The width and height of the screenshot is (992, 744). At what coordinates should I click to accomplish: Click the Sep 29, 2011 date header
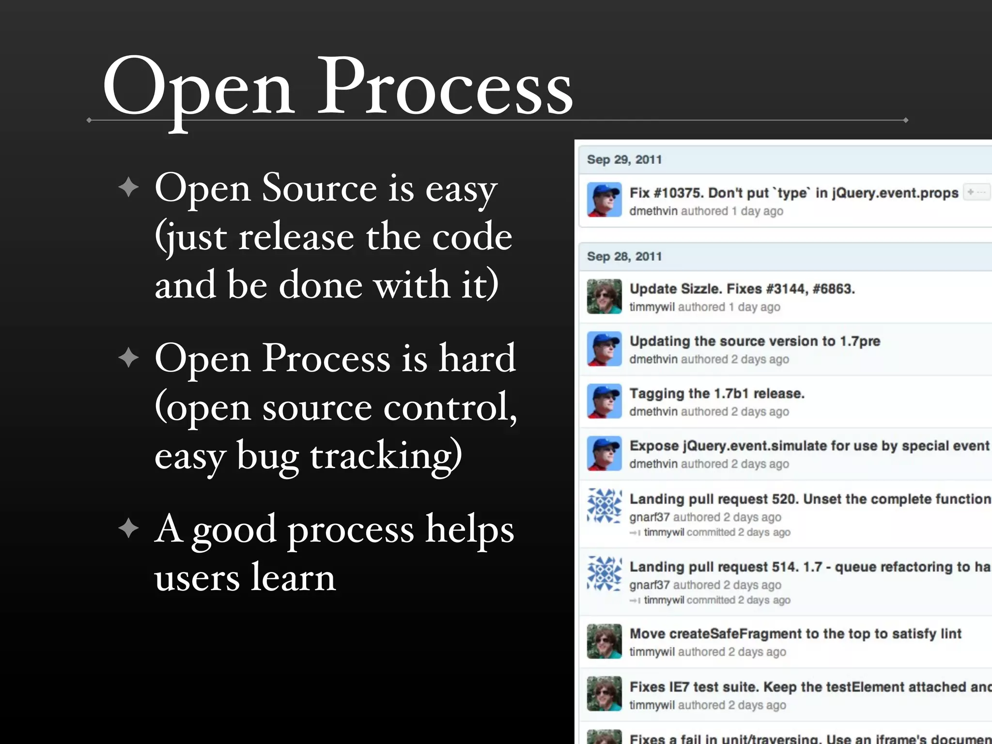624,160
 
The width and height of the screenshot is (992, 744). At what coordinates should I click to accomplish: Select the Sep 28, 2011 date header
624,256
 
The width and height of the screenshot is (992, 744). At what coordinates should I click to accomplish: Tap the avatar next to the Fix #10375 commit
604,200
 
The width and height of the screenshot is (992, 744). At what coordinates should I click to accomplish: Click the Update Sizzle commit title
742,289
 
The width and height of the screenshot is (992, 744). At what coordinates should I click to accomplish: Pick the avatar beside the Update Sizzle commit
604,296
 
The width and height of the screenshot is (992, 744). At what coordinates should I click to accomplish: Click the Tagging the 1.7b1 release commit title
716,393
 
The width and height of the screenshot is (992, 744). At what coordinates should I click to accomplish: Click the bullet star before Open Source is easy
128,187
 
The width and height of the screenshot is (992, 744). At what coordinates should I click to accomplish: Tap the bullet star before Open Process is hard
128,358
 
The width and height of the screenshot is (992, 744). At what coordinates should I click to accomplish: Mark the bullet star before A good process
128,528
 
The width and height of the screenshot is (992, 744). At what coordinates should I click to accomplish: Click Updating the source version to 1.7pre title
754,341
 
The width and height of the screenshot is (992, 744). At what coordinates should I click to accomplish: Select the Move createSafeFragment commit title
795,634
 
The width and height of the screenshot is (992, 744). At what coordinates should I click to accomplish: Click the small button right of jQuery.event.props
976,192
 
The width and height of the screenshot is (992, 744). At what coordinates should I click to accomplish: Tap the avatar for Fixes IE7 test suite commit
604,694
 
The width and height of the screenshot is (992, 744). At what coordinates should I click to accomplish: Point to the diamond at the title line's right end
905,120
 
